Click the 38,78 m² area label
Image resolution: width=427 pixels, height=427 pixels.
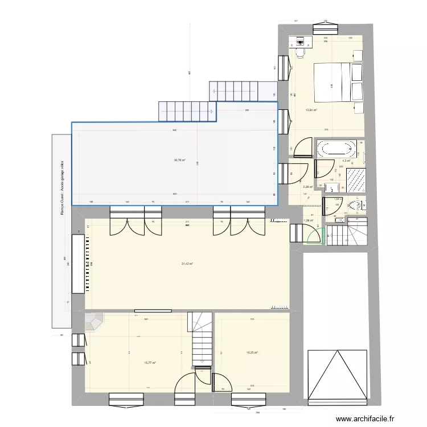pyautogui.click(x=179, y=160)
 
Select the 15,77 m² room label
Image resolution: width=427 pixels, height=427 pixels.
pyautogui.click(x=150, y=362)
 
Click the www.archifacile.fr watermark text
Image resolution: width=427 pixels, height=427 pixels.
pyautogui.click(x=364, y=418)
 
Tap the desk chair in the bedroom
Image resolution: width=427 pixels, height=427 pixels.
pyautogui.click(x=302, y=54)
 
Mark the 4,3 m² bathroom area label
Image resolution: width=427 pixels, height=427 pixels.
pyautogui.click(x=346, y=161)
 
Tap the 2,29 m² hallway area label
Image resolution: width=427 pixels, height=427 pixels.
pyautogui.click(x=307, y=187)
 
